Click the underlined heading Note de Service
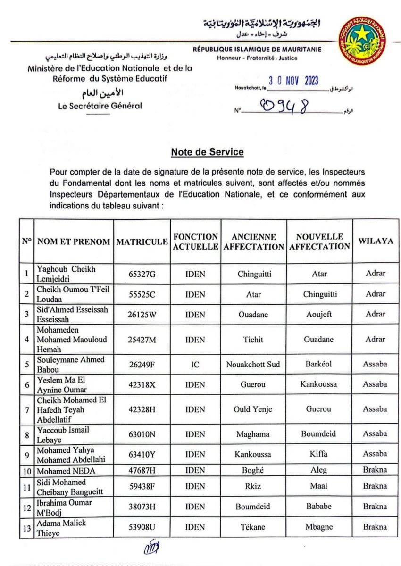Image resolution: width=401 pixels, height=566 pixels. [207, 152]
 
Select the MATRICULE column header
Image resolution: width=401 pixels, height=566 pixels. [142, 241]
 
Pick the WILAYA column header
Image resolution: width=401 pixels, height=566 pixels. [376, 241]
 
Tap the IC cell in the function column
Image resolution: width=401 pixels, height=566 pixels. [195, 364]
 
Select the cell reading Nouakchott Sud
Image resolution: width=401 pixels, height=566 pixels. [254, 364]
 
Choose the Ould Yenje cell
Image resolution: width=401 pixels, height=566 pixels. [254, 409]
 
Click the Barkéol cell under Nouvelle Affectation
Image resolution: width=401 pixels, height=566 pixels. [319, 364]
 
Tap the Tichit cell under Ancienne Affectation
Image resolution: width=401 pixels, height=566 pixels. [254, 339]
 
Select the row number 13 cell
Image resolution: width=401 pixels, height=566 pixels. [27, 527]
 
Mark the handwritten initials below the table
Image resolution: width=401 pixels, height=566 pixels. [152, 549]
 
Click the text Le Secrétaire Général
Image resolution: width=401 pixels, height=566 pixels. [100, 106]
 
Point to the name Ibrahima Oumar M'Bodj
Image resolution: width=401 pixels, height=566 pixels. [65, 507]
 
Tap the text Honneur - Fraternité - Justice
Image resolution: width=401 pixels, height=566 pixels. [257, 58]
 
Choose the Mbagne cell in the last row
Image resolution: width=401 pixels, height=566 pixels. [319, 527]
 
